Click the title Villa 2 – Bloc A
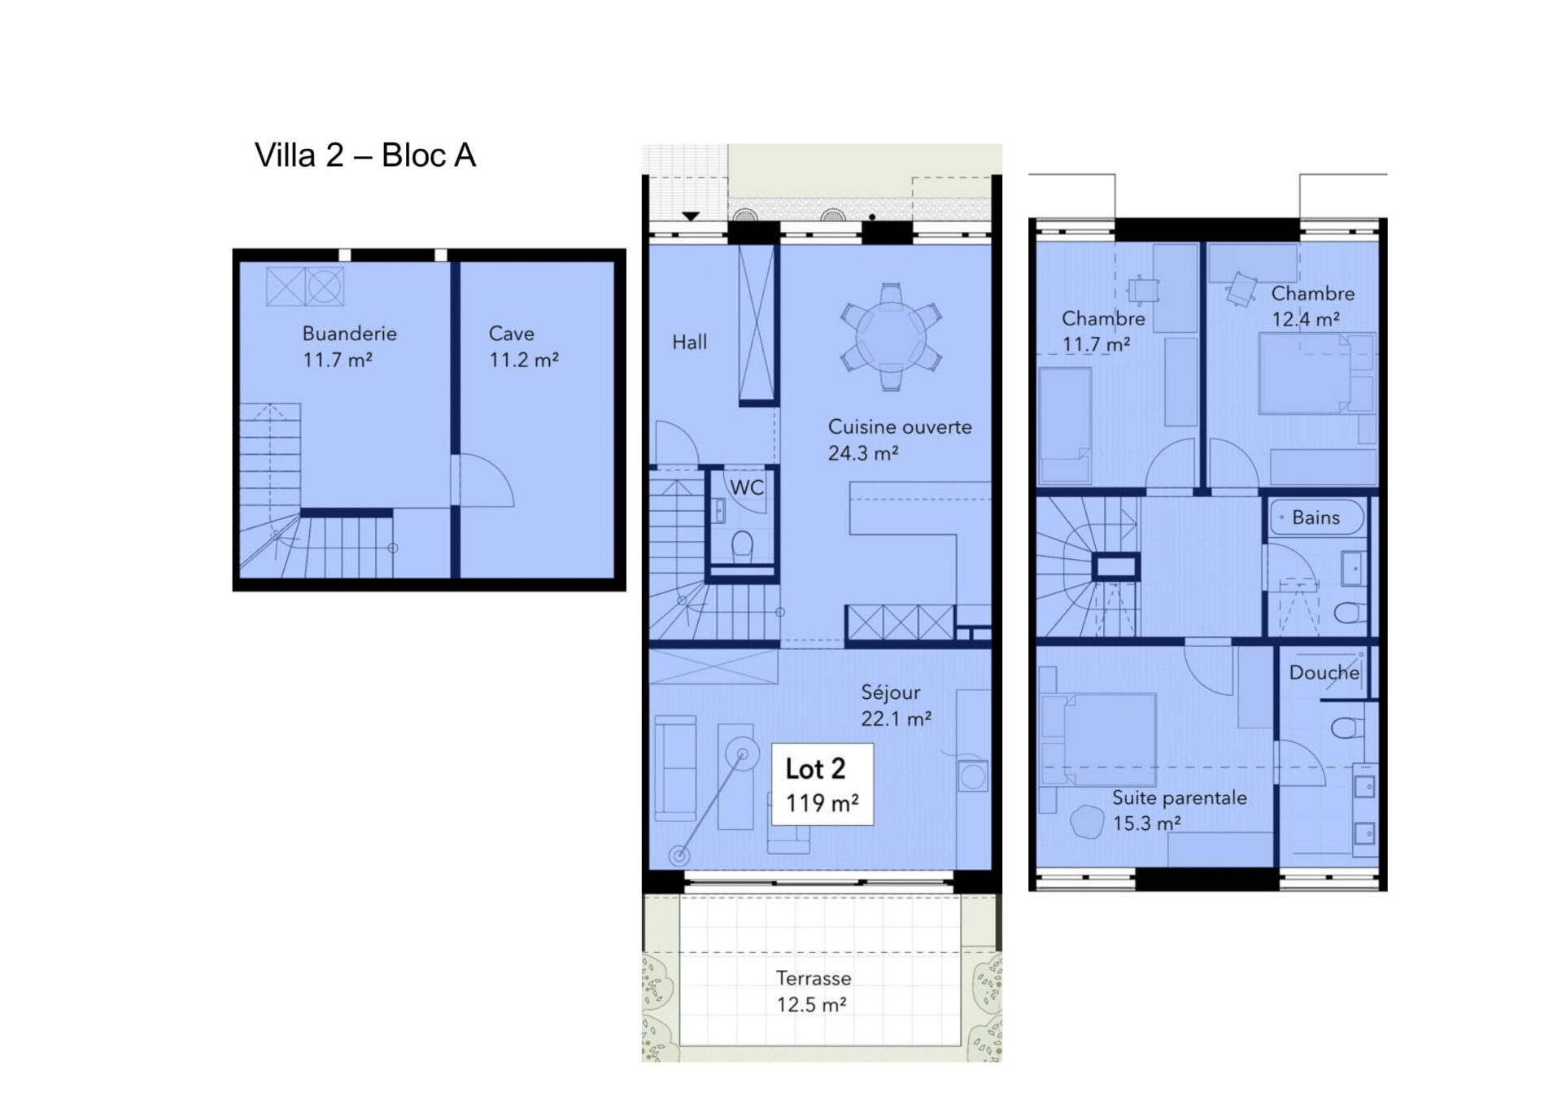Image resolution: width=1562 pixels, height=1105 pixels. [364, 155]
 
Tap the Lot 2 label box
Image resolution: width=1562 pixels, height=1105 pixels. [822, 784]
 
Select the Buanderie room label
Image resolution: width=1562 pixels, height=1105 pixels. [349, 346]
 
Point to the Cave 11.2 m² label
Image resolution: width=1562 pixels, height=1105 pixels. [523, 346]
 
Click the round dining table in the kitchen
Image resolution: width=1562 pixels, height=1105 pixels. [891, 337]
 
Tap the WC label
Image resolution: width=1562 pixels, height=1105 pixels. [747, 487]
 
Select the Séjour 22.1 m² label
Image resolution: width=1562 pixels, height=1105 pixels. [896, 705]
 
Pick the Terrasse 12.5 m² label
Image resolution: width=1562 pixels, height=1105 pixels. [813, 991]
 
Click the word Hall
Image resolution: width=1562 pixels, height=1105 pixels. [689, 343]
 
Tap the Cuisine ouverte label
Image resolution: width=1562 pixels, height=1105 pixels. [899, 439]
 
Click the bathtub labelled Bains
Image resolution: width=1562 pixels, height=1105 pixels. [1315, 517]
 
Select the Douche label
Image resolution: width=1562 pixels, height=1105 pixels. [1324, 673]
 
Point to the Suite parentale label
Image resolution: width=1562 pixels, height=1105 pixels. [1180, 810]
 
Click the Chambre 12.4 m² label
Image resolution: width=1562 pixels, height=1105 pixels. [1312, 306]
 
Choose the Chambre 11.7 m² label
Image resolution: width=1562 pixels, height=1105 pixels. [1102, 331]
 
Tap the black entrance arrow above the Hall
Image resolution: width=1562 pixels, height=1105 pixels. [691, 216]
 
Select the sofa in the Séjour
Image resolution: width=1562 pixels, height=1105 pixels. [675, 768]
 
